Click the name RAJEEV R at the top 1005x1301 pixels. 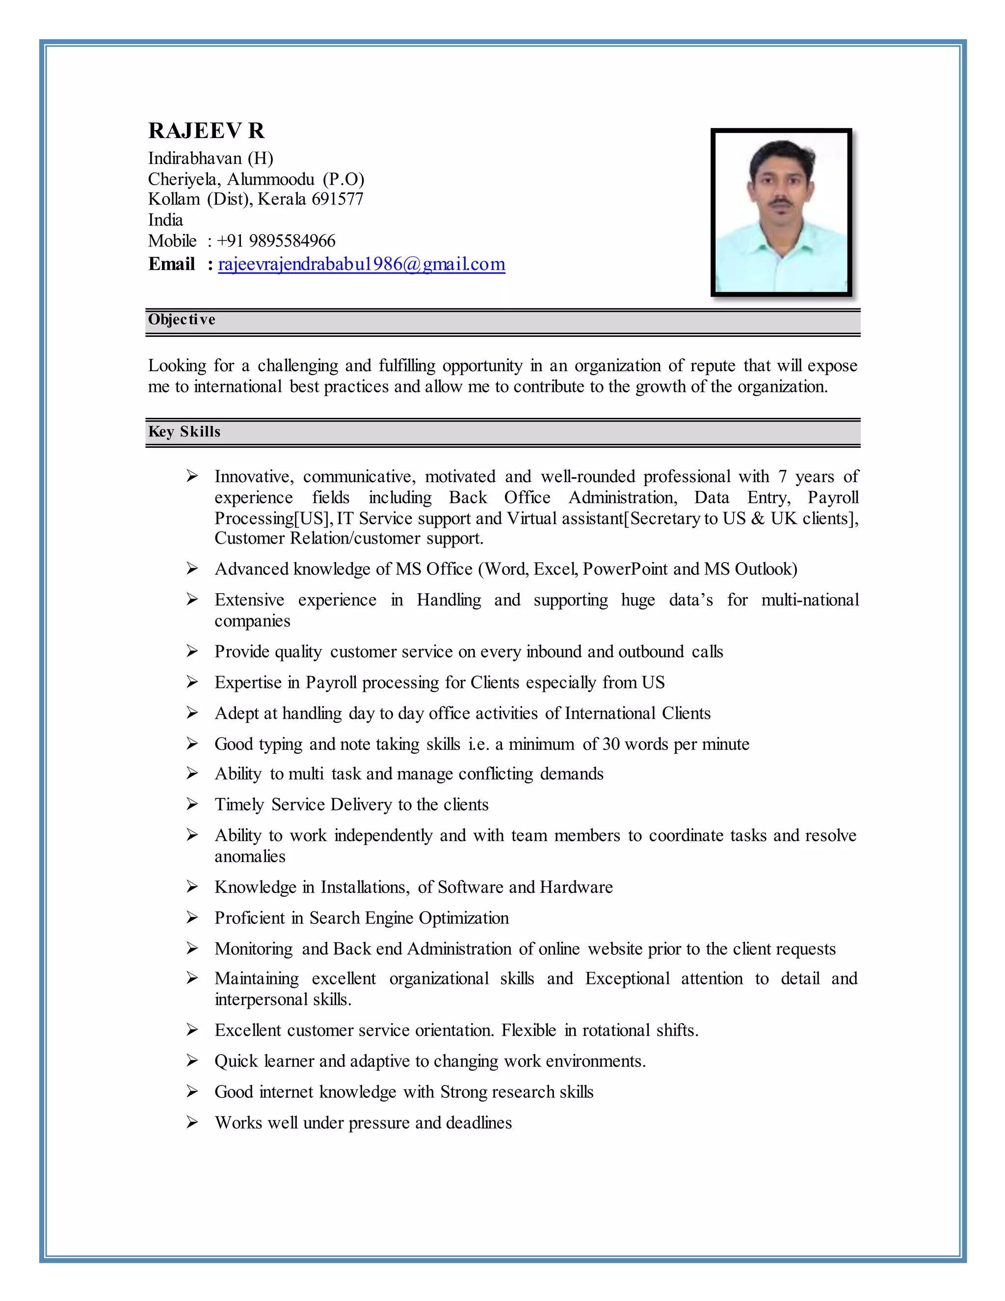(x=206, y=131)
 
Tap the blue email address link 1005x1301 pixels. (x=361, y=264)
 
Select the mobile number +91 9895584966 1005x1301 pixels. (x=276, y=241)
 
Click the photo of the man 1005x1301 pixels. (x=781, y=212)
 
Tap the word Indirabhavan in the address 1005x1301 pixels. (x=195, y=159)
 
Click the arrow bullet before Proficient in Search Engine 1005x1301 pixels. (x=192, y=918)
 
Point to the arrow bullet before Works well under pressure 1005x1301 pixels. (x=192, y=1122)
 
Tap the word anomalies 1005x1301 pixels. (x=250, y=857)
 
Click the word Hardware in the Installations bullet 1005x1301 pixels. (x=576, y=887)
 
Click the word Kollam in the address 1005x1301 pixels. (x=174, y=199)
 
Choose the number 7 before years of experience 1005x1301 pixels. (x=782, y=477)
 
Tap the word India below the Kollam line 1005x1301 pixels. (x=165, y=220)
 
